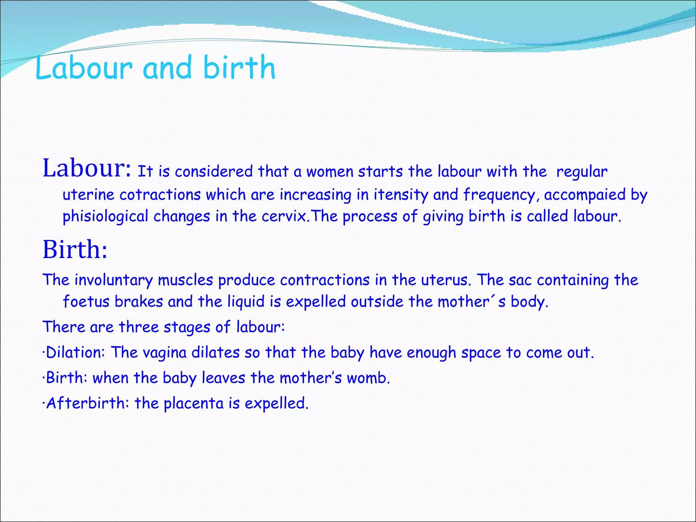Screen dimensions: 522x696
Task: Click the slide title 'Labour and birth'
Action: (x=155, y=68)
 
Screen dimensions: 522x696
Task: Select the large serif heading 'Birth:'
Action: (x=75, y=250)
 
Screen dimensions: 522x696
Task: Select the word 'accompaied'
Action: (x=585, y=195)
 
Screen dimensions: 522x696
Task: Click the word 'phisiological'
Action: (x=105, y=217)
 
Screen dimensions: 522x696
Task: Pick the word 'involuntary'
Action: (x=114, y=280)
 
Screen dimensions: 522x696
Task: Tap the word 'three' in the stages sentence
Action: (x=139, y=327)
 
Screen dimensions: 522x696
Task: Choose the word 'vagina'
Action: (x=164, y=353)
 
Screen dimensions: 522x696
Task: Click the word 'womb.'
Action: (x=368, y=378)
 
